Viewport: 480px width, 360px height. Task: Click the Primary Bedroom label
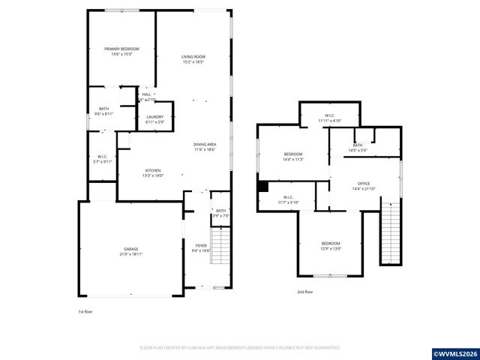(121, 52)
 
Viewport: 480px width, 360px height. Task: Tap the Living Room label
(193, 59)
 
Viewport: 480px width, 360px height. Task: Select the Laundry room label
(155, 119)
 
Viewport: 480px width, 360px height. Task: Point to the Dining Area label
(205, 147)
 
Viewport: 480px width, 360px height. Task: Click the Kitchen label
(153, 173)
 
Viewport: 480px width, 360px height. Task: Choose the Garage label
(131, 251)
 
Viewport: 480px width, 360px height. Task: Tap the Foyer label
(201, 247)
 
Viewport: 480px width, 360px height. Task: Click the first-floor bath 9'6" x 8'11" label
(103, 112)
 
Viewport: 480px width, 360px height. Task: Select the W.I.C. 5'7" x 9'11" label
(103, 158)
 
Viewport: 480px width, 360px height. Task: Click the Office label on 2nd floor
(364, 186)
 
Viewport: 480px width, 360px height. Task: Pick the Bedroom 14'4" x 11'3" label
(292, 156)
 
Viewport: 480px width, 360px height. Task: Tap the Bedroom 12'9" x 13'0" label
(331, 246)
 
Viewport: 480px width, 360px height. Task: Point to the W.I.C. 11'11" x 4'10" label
(329, 118)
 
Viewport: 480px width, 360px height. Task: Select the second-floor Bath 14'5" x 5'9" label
(358, 148)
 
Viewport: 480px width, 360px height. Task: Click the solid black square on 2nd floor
(262, 187)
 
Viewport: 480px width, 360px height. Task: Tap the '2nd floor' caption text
(304, 292)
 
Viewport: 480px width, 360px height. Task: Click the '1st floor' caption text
(85, 311)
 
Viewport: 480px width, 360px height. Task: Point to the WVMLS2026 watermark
(452, 352)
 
